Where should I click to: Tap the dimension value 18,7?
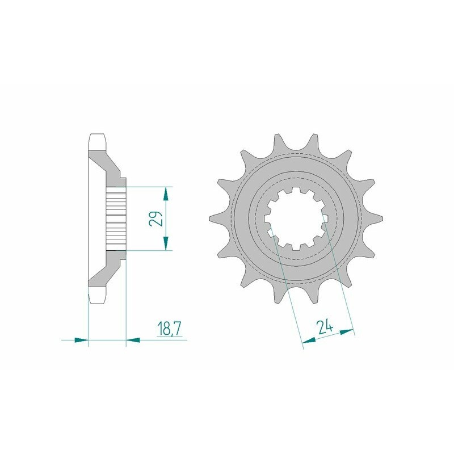point(167,328)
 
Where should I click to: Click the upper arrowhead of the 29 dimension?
point(165,192)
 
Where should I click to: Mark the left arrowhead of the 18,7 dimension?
point(82,340)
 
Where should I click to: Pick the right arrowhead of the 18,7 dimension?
point(132,340)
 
